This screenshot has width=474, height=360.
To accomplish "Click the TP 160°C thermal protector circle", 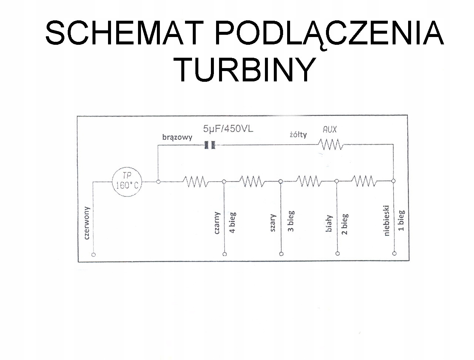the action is click(127, 182).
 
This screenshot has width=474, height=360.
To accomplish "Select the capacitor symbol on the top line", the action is click(210, 145).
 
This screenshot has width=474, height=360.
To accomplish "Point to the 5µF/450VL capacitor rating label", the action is click(228, 129).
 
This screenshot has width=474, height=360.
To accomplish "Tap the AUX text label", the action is click(330, 129).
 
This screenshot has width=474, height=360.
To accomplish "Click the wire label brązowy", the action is click(177, 137).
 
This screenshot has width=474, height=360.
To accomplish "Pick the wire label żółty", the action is click(298, 135).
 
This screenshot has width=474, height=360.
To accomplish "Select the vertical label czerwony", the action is click(87, 223).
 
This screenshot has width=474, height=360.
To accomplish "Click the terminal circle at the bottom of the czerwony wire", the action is click(94, 255).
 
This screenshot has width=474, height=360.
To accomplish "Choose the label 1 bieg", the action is click(401, 221).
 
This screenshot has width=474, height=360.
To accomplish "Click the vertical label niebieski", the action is click(387, 221).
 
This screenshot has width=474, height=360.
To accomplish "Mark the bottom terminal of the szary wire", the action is click(281, 254).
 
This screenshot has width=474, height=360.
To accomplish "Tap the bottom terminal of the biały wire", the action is click(337, 253).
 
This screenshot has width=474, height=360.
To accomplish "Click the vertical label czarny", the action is click(217, 223).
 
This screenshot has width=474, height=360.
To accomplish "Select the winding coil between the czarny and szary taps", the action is click(252, 182).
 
